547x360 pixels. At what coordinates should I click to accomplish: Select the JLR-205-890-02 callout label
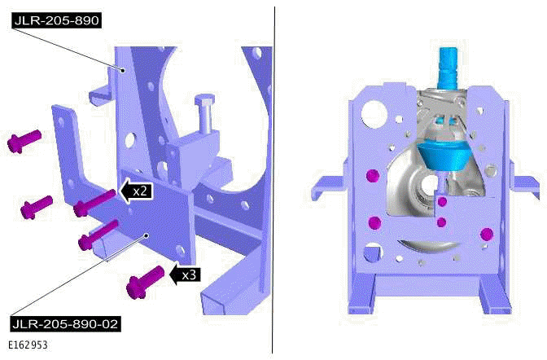pos(65,324)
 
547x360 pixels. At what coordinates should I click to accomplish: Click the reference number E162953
pos(29,345)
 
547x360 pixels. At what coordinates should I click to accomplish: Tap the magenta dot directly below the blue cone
pos(442,200)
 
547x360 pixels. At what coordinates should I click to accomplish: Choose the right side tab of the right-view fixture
pos(524,192)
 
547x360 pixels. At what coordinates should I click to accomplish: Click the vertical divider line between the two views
pos(273,179)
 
